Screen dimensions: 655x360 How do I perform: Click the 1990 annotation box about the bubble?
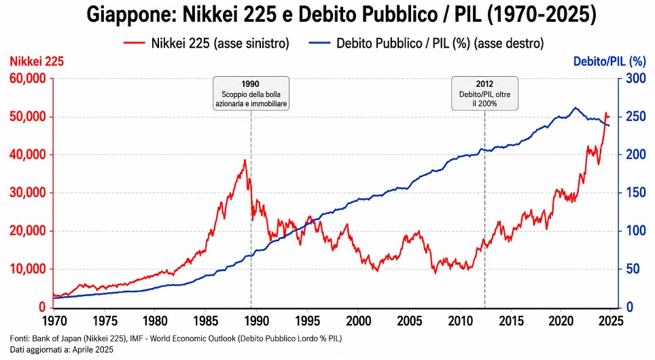[x=251, y=93]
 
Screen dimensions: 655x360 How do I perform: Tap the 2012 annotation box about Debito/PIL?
[x=484, y=93]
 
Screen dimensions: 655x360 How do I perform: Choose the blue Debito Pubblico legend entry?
[x=426, y=43]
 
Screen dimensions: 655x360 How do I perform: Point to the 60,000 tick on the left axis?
[x=28, y=78]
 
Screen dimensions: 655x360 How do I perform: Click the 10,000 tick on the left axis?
[x=28, y=269]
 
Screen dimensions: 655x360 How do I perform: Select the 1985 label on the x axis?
[x=206, y=321]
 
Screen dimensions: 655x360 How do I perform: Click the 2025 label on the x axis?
[x=611, y=321]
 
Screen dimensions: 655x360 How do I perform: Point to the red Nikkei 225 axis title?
[x=37, y=62]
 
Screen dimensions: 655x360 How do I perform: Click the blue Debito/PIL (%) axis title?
[x=609, y=62]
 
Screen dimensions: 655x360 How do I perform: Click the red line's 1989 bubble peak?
[x=245, y=160]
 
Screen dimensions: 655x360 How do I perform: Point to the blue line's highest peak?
[x=576, y=107]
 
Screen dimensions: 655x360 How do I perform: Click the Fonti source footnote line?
[x=176, y=338]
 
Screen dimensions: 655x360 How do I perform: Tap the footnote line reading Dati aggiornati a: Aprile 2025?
[x=61, y=350]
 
